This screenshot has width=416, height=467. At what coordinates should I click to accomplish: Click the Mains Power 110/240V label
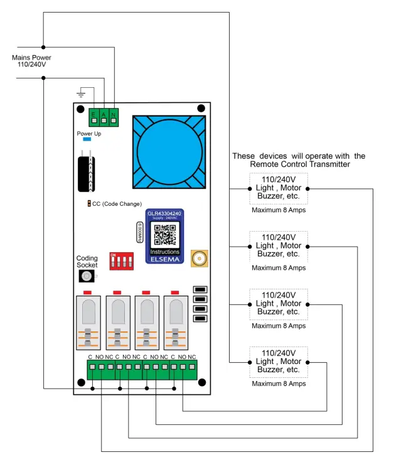31,61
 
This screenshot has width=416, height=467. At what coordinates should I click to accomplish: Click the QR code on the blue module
165,235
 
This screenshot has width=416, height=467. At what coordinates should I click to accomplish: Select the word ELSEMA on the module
165,258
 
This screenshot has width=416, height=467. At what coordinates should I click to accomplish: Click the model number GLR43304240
165,213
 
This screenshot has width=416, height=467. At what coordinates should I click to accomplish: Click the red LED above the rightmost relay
175,292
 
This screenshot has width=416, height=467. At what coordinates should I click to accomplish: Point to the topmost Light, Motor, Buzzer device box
278,188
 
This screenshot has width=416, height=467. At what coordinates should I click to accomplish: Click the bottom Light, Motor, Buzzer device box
278,362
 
